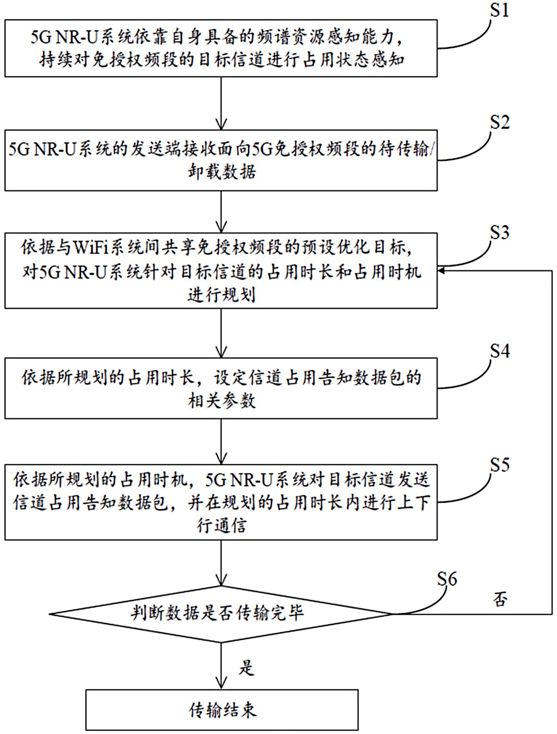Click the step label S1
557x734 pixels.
(500, 11)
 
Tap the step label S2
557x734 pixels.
(500, 123)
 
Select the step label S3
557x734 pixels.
(500, 233)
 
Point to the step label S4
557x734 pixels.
(500, 351)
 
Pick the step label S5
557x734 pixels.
(500, 465)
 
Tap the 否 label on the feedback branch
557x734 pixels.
(500, 600)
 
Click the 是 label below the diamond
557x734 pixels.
(247, 668)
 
